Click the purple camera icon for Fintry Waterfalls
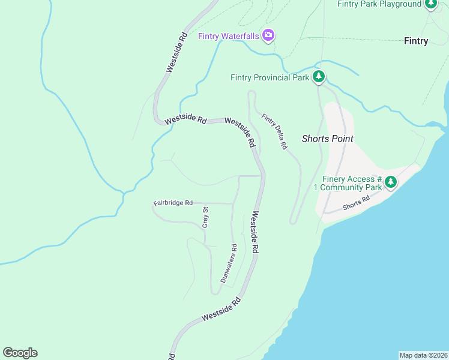pyautogui.click(x=268, y=36)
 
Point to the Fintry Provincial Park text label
pyautogui.click(x=270, y=77)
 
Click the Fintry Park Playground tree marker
pyautogui.click(x=431, y=4)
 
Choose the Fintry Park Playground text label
pyautogui.click(x=379, y=4)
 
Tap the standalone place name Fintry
pyautogui.click(x=416, y=41)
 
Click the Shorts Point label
pyautogui.click(x=327, y=139)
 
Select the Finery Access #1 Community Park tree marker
pyautogui.click(x=391, y=181)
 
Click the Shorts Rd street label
pyautogui.click(x=356, y=203)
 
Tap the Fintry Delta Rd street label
pyautogui.click(x=273, y=131)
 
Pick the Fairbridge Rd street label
pyautogui.click(x=173, y=203)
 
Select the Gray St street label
pyautogui.click(x=205, y=217)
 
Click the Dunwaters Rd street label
pyautogui.click(x=229, y=263)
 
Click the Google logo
pyautogui.click(x=20, y=353)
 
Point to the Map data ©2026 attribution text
pyautogui.click(x=423, y=355)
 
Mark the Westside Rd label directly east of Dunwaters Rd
pyautogui.click(x=255, y=232)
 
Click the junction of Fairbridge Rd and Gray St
pyautogui.click(x=205, y=203)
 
